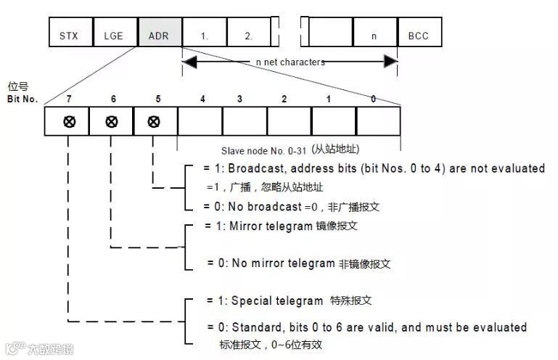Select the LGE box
(114, 33)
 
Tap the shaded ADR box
(158, 33)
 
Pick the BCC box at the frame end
(419, 33)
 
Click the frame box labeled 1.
(204, 33)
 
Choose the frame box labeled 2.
(248, 33)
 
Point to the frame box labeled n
(374, 33)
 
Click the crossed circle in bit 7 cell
(68, 121)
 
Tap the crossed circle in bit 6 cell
(111, 121)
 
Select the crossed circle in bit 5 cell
(154, 121)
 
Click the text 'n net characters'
(290, 62)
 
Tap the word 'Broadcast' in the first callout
(251, 168)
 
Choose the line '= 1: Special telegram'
(264, 300)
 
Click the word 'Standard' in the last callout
(255, 327)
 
